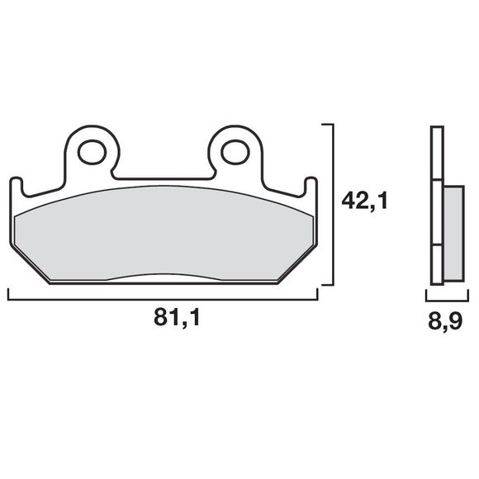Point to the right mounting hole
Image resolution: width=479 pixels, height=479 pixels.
coord(234,151)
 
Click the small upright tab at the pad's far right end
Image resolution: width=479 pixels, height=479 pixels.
coord(311,187)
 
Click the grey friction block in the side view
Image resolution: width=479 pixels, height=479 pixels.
coord(453,234)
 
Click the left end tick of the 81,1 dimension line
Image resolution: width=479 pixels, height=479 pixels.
coord(8,295)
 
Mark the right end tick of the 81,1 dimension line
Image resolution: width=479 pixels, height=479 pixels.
coord(317,295)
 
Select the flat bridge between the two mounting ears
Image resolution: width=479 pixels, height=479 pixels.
coord(163,178)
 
